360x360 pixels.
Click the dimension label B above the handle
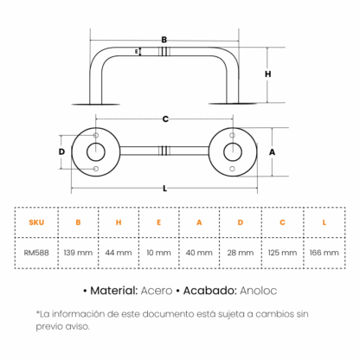pyautogui.click(x=164, y=40)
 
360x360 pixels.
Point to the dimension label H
pyautogui.click(x=268, y=74)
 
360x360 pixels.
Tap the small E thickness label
pyautogui.click(x=137, y=52)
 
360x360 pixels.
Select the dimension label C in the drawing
pyautogui.click(x=165, y=119)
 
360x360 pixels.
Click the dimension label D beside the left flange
pyautogui.click(x=61, y=151)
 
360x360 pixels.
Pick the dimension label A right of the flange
pyautogui.click(x=272, y=152)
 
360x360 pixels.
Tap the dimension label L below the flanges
pyautogui.click(x=164, y=189)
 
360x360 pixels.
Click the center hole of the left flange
pyautogui.click(x=96, y=151)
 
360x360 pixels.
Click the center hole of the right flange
pyautogui.click(x=233, y=151)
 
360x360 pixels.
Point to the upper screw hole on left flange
pyautogui.click(x=96, y=135)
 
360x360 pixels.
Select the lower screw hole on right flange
pyautogui.click(x=232, y=169)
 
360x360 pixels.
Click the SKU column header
pyautogui.click(x=36, y=222)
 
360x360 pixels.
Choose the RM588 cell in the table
pyautogui.click(x=36, y=253)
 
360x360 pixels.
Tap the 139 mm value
pyautogui.click(x=78, y=253)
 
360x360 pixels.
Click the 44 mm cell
pyautogui.click(x=119, y=253)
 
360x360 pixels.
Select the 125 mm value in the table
pyautogui.click(x=282, y=253)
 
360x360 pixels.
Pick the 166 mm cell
pyautogui.click(x=324, y=253)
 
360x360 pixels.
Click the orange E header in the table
pyautogui.click(x=158, y=222)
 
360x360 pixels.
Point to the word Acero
pyautogui.click(x=157, y=291)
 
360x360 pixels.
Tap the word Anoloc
pyautogui.click(x=259, y=291)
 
